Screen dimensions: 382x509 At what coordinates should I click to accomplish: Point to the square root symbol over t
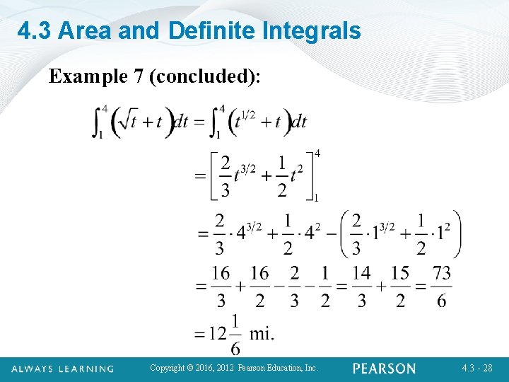pos(127,121)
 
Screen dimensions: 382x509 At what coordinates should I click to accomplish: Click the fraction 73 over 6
pos(442,286)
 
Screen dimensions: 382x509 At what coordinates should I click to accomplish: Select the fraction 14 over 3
pos(361,286)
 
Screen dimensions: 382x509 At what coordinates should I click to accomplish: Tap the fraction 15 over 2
pos(400,286)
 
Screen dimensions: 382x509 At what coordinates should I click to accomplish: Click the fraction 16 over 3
pos(221,286)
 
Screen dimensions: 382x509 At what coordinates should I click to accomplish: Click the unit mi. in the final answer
pos(262,332)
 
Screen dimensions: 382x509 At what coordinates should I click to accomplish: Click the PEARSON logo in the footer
pos(385,369)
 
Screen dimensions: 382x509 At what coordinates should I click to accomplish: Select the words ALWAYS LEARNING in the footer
pos(62,369)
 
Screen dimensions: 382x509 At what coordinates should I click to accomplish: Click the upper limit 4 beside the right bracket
pos(317,154)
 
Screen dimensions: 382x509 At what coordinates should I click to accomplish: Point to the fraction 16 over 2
pos(259,286)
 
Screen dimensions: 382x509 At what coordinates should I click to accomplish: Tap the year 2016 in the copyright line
pos(201,369)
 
